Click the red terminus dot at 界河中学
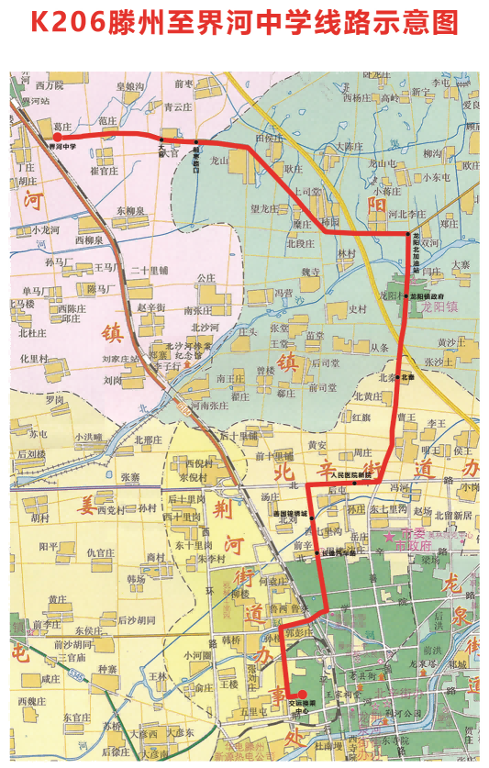pyautogui.click(x=57, y=135)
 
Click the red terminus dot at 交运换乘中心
pyautogui.click(x=303, y=694)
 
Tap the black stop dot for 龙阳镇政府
pyautogui.click(x=406, y=296)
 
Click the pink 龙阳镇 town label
pyautogui.click(x=438, y=310)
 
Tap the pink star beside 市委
pyautogui.click(x=389, y=533)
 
